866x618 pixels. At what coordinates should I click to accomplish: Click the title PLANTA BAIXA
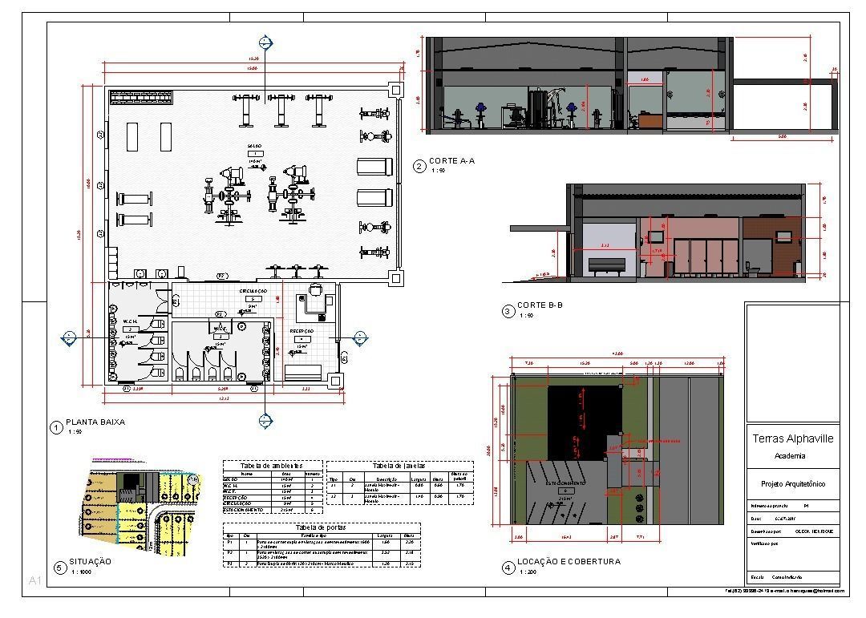95,422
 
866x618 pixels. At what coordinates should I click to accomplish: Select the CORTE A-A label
451,161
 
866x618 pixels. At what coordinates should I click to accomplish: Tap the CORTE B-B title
540,305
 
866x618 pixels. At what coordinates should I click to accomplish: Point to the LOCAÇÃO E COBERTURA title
569,562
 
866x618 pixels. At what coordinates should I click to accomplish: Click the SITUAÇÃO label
89,562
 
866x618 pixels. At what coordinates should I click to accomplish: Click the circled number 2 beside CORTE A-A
419,167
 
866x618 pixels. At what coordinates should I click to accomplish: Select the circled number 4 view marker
507,568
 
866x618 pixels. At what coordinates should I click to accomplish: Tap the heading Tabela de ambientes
273,465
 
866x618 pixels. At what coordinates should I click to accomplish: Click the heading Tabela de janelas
399,465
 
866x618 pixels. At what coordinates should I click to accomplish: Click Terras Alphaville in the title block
792,438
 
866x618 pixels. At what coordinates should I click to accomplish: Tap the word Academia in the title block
790,456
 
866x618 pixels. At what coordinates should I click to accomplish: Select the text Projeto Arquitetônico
792,484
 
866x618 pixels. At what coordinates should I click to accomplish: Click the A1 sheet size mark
34,580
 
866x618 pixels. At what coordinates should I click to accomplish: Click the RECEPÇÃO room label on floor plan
301,330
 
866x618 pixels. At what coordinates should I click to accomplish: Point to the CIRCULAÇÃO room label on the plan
253,291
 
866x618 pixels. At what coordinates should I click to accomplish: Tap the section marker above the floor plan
265,43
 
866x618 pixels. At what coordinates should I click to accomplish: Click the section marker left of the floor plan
69,337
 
